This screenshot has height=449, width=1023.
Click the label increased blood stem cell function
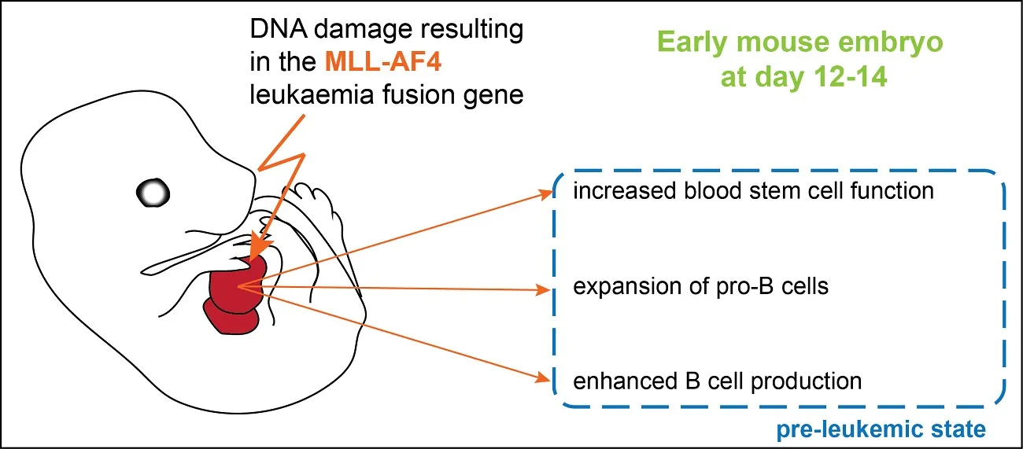(753, 191)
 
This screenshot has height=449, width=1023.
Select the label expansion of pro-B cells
(700, 286)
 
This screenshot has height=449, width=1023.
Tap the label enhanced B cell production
(718, 381)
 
